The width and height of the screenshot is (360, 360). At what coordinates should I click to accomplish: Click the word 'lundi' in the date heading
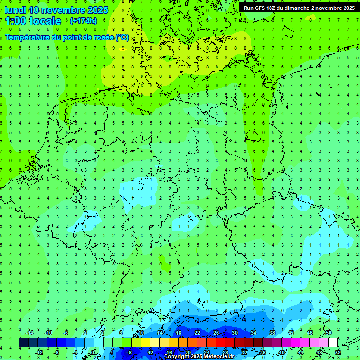15,10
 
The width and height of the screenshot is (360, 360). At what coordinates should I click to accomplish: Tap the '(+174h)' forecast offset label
83,21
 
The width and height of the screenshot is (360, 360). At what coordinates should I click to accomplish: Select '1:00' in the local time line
15,21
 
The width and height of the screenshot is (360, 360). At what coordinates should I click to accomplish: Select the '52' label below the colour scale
338,352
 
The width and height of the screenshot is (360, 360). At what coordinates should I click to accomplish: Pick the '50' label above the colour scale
328,333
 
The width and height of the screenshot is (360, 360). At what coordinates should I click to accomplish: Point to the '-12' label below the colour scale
39,352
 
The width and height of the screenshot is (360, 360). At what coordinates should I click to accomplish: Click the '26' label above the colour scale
216,333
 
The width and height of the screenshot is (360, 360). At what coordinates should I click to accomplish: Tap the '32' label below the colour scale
244,352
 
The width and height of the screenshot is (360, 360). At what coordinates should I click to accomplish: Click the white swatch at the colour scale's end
333,343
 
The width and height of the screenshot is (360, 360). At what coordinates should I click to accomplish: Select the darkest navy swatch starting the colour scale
23,343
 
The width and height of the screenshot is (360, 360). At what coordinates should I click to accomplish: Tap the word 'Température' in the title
28,37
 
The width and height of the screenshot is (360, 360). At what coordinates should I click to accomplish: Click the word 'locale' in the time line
45,21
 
